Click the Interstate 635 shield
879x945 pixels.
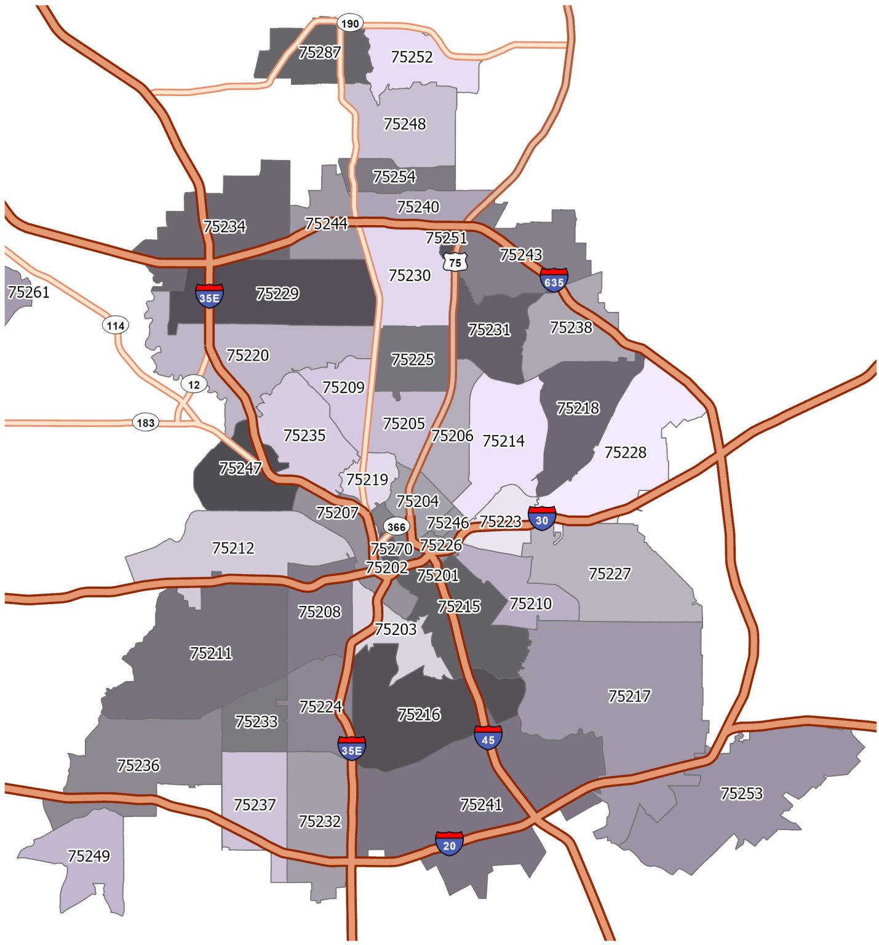[554, 281]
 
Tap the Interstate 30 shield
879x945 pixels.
[541, 519]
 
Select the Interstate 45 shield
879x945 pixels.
[488, 738]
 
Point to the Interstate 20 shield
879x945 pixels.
[449, 843]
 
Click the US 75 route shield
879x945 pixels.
[455, 262]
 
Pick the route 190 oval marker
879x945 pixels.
[350, 23]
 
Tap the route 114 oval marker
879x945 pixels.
[116, 325]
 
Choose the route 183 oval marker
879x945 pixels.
[146, 423]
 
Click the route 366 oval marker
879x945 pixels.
[396, 527]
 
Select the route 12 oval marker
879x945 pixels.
[194, 385]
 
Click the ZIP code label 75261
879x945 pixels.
[28, 292]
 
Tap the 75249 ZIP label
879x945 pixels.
[89, 856]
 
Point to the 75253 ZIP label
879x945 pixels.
[741, 794]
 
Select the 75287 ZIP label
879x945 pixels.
[319, 53]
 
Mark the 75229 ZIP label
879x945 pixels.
[277, 294]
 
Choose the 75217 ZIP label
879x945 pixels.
[629, 696]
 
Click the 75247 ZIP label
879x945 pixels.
[241, 469]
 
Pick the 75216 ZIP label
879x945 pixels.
[419, 714]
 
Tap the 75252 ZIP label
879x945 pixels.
[412, 57]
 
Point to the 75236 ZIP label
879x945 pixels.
[138, 765]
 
